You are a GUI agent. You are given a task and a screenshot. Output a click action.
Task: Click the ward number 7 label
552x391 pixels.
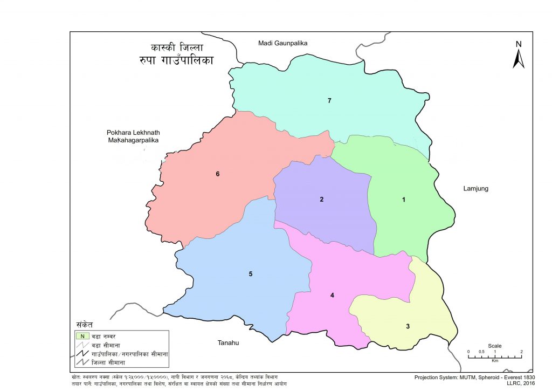coord(329,101)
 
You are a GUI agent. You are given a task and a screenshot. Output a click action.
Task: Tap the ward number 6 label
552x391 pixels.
coord(217,174)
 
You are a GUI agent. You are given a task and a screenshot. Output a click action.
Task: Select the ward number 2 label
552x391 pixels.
coord(321,200)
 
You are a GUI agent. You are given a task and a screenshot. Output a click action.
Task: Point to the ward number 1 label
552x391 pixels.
coord(403,200)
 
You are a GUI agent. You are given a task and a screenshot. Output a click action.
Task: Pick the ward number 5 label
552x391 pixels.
coord(251,274)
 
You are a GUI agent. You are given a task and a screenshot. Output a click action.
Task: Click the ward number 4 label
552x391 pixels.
coord(333,295)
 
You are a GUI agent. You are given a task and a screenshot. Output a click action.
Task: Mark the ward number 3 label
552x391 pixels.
coord(408,326)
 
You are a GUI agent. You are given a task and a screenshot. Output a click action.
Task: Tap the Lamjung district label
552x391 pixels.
coord(475,189)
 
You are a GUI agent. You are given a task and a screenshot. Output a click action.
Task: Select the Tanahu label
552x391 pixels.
coord(228,343)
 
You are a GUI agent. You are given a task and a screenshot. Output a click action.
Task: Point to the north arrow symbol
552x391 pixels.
coord(519,59)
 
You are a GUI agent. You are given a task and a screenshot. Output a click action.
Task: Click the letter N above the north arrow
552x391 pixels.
coord(519,44)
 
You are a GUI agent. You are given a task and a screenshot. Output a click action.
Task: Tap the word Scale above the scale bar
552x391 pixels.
coord(494,346)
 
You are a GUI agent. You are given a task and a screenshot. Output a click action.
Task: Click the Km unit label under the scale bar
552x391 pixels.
coord(495,360)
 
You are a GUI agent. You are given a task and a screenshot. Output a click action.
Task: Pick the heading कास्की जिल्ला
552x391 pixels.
coord(177,47)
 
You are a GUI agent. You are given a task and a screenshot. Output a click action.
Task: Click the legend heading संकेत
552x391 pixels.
coord(85,325)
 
